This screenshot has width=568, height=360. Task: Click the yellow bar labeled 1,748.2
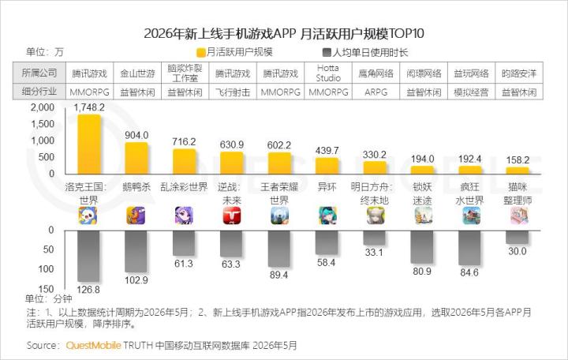[x=89, y=144]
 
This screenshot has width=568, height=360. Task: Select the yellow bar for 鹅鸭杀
[x=136, y=158]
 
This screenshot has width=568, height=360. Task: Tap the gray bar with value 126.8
[x=88, y=256]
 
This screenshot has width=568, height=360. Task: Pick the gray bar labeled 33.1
[x=374, y=238]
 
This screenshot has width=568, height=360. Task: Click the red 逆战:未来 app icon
[x=232, y=216]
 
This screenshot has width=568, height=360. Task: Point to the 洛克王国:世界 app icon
[x=88, y=216]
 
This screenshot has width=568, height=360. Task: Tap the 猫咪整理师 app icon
[x=518, y=216]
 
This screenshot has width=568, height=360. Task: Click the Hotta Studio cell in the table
[x=328, y=73]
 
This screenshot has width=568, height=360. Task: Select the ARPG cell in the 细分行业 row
[x=376, y=92]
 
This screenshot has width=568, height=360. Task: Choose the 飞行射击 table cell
[x=233, y=92]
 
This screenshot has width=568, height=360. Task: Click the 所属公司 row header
[x=39, y=73]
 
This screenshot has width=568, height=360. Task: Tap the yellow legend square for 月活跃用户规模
[x=201, y=53]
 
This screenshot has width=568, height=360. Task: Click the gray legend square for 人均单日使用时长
[x=327, y=53]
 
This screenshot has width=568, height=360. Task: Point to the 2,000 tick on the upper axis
[x=43, y=107]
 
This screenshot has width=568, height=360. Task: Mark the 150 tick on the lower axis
[x=46, y=289]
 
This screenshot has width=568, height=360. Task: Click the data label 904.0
[x=136, y=135]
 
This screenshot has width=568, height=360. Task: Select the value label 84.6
[x=469, y=272]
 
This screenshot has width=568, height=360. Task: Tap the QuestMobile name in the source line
[x=93, y=345]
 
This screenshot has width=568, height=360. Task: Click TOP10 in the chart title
[x=406, y=33]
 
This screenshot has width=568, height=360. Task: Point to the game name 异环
[x=327, y=187]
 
